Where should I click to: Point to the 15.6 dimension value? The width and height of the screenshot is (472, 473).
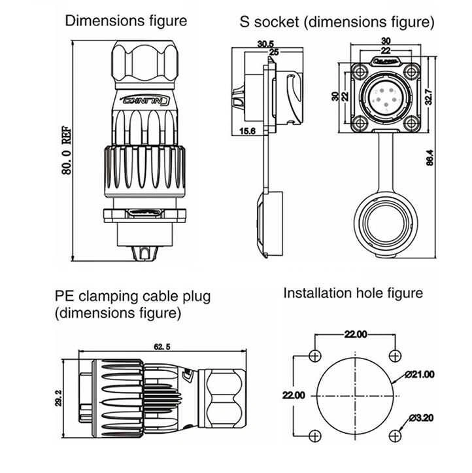pyautogui.click(x=248, y=131)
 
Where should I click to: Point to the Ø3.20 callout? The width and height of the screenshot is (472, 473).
pyautogui.click(x=422, y=417)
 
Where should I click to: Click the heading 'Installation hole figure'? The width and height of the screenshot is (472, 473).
pyautogui.click(x=353, y=292)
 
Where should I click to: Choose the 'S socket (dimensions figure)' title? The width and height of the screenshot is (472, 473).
pyautogui.click(x=337, y=22)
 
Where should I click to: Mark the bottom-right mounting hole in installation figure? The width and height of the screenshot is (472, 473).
pyautogui.click(x=394, y=436)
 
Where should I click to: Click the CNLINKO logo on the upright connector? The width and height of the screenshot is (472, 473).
pyautogui.click(x=148, y=101)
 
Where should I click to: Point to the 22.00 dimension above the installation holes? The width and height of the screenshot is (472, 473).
pyautogui.click(x=355, y=335)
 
